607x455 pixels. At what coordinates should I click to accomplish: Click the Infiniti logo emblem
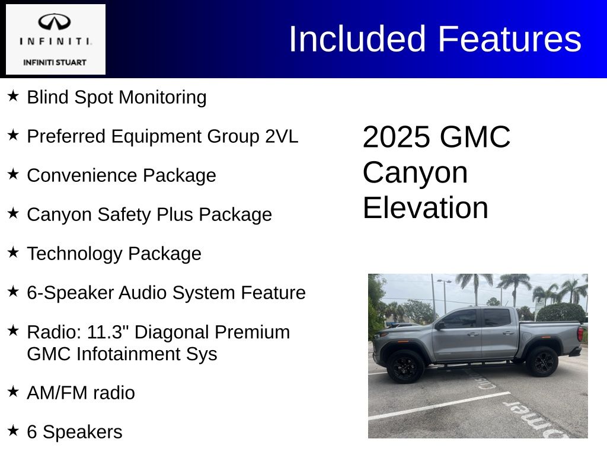click(x=54, y=22)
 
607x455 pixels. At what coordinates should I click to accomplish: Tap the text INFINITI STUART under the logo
click(x=55, y=62)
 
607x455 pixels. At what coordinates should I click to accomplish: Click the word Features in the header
click(x=509, y=39)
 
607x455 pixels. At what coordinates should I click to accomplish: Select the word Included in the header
click(x=357, y=39)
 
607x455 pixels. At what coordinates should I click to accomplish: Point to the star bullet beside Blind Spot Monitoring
click(x=13, y=95)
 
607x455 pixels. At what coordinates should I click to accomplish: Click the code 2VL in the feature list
click(x=282, y=136)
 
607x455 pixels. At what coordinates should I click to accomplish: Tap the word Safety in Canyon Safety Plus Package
click(x=124, y=214)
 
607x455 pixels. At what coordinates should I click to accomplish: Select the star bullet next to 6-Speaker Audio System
click(x=13, y=291)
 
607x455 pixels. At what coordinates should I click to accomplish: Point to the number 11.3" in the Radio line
click(x=107, y=332)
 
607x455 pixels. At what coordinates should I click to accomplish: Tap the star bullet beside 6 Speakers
click(x=13, y=430)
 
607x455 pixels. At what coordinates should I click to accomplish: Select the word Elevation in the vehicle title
click(x=426, y=208)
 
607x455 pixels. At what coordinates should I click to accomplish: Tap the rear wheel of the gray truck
click(x=542, y=361)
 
